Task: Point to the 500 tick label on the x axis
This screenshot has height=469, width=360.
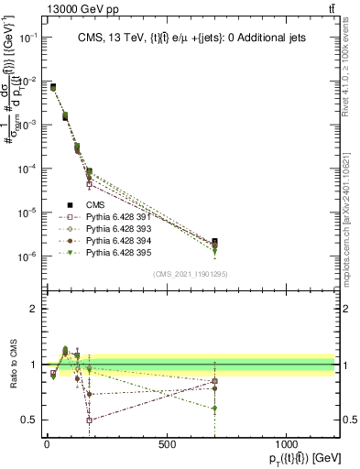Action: pos(167,444)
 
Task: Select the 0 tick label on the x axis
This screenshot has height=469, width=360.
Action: pos(47,444)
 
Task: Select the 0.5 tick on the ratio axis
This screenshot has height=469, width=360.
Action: pos(27,420)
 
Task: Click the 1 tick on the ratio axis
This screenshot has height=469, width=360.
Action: pos(32,365)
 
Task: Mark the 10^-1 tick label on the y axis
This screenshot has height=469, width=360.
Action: pos(26,38)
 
